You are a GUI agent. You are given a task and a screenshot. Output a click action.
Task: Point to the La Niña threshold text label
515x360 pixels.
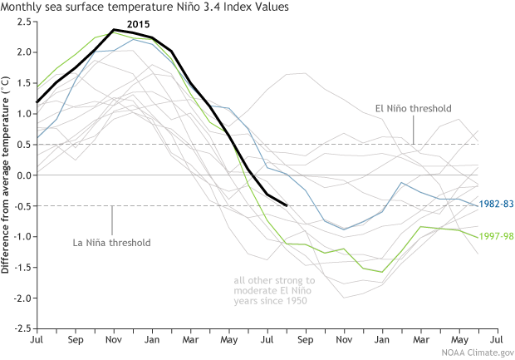tap(113, 243)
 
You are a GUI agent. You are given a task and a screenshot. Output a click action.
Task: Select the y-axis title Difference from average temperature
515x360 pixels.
tap(7, 175)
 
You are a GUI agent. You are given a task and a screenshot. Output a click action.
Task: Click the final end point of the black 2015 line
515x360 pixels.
tap(287, 205)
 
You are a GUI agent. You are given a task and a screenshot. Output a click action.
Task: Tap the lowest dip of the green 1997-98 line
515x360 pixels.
tap(381, 272)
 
